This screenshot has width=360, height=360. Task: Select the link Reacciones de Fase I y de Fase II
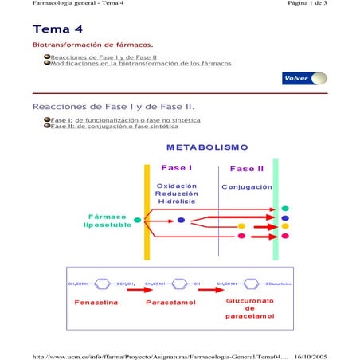pos(103,57)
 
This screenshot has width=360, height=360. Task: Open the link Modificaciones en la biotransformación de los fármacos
pos(140,63)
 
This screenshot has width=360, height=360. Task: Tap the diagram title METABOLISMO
pos(208,148)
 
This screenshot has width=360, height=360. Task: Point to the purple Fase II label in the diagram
pos(246,169)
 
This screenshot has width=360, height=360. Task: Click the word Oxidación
pos(176,186)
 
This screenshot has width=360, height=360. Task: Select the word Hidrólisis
pos(176,202)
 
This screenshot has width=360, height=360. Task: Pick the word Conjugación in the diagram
pos(246,186)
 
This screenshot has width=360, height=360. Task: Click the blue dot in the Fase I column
pos(181,220)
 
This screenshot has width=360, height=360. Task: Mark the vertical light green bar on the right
pos(276,209)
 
